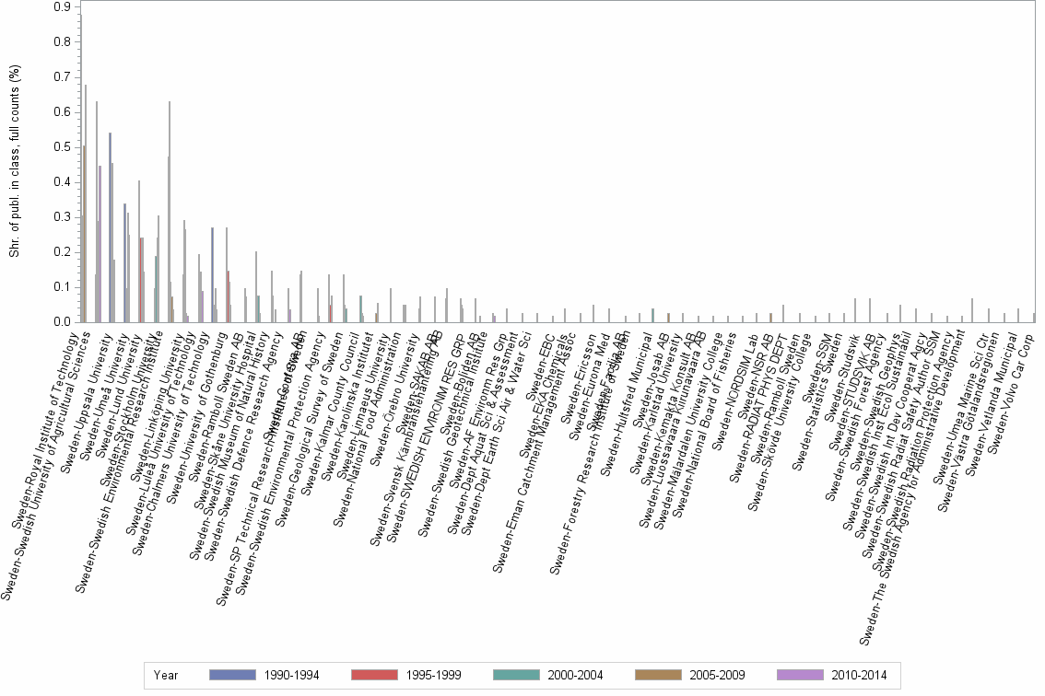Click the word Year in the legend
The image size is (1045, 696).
(x=166, y=675)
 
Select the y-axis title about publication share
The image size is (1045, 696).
(x=15, y=161)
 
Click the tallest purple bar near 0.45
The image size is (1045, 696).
(x=100, y=244)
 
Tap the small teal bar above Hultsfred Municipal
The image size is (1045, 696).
(x=652, y=316)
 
